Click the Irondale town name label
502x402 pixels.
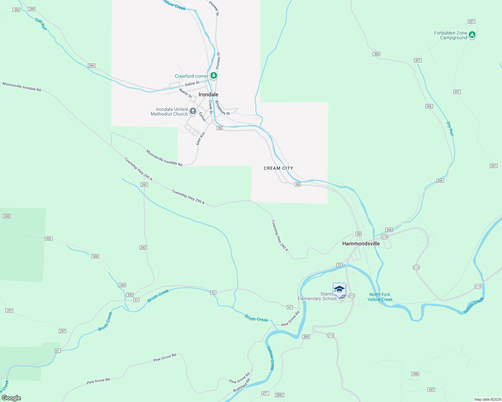pyautogui.click(x=208, y=94)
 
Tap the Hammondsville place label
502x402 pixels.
pyautogui.click(x=361, y=244)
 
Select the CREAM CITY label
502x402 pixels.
pyautogui.click(x=278, y=168)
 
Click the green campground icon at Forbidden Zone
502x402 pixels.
pyautogui.click(x=472, y=35)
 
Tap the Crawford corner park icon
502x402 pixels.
pyautogui.click(x=214, y=76)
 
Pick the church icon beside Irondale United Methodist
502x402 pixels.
pyautogui.click(x=193, y=111)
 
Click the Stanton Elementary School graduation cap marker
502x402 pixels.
pyautogui.click(x=339, y=289)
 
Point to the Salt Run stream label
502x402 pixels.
pyautogui.click(x=41, y=24)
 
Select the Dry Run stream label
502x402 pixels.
pyautogui.click(x=450, y=129)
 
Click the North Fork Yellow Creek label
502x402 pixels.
pyautogui.click(x=380, y=297)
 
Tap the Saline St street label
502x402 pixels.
pyautogui.click(x=192, y=83)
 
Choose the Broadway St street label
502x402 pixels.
pyautogui.click(x=222, y=108)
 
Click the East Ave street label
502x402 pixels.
pyautogui.click(x=201, y=138)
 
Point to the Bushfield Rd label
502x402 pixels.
pyautogui.click(x=242, y=386)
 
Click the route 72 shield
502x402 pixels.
pyautogui.click(x=339, y=265)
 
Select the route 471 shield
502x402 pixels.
pyautogui.click(x=265, y=393)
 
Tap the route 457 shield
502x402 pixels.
pyautogui.click(x=431, y=390)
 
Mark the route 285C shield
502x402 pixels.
pyautogui.click(x=280, y=395)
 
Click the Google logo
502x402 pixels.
pyautogui.click(x=11, y=398)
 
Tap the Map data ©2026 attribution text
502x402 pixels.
pyautogui.click(x=487, y=399)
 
